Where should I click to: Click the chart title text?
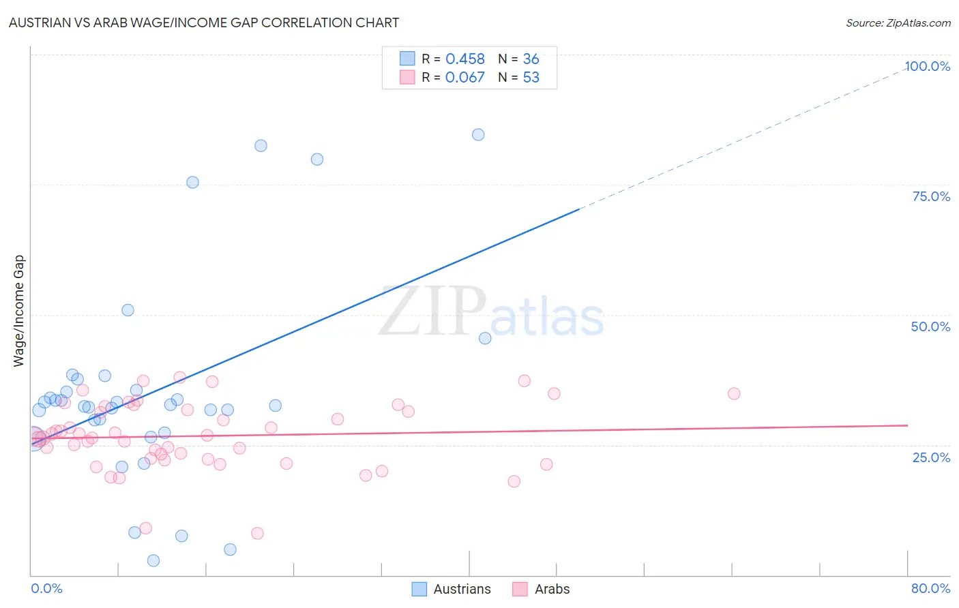(204, 22)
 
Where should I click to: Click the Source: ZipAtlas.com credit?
(898, 23)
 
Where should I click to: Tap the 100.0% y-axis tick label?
(927, 66)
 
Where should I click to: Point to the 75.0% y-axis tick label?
(931, 196)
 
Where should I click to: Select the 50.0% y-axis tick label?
(930, 326)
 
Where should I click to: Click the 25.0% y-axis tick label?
(931, 457)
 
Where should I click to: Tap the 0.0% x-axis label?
(46, 588)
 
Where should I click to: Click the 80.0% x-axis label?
(930, 588)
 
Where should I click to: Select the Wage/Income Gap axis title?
(19, 311)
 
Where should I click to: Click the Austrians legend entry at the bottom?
(452, 589)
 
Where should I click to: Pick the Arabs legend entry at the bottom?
(541, 589)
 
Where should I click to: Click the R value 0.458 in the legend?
(464, 59)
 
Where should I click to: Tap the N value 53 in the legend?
(531, 78)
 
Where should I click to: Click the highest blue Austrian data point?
(478, 134)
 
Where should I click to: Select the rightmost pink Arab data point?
(734, 393)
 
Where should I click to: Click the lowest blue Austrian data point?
(153, 560)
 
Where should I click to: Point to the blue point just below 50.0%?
(485, 338)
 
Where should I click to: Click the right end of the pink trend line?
(907, 425)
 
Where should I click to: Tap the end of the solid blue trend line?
(579, 209)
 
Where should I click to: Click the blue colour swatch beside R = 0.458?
(407, 59)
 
